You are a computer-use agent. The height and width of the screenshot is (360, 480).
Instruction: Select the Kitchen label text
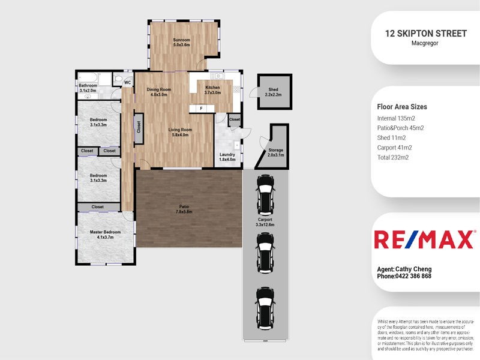(x=213, y=90)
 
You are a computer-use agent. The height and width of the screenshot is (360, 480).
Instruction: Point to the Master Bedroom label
(x=105, y=235)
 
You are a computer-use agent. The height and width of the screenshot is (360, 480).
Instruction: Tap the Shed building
(x=274, y=92)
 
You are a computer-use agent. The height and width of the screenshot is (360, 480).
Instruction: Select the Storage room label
(x=275, y=152)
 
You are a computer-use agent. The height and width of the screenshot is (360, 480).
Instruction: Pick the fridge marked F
(x=202, y=109)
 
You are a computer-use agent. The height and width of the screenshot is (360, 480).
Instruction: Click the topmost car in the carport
(x=265, y=191)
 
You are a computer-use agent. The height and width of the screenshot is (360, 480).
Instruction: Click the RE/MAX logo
(x=424, y=239)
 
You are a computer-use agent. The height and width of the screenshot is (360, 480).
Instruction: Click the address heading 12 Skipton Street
(x=426, y=34)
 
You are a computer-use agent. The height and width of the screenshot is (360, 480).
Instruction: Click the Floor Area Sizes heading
(x=402, y=107)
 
